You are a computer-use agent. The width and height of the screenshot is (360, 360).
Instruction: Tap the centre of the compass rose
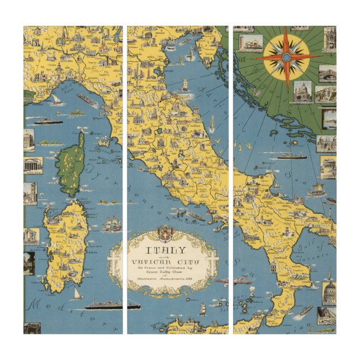[x=286, y=57]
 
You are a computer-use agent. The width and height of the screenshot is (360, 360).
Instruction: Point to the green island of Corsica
[x=73, y=165]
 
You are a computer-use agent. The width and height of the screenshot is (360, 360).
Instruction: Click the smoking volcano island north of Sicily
[x=253, y=291]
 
